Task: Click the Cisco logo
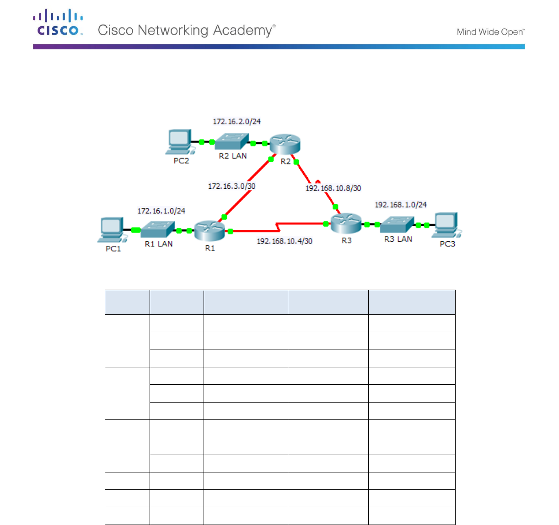(x=58, y=22)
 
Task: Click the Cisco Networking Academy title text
(x=187, y=30)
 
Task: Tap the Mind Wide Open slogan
(x=490, y=32)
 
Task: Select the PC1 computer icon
(x=111, y=229)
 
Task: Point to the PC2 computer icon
(x=179, y=141)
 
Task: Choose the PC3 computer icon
(x=446, y=225)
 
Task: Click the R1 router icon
(x=210, y=231)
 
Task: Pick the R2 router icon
(x=285, y=144)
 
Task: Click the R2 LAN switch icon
(x=232, y=141)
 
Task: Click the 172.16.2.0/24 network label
(x=236, y=122)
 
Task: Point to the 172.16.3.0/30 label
(x=231, y=186)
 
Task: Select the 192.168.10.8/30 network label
(x=333, y=188)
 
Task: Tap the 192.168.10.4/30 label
(x=285, y=241)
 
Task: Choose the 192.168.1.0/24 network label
(x=401, y=205)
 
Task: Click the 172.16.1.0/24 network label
(x=161, y=211)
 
